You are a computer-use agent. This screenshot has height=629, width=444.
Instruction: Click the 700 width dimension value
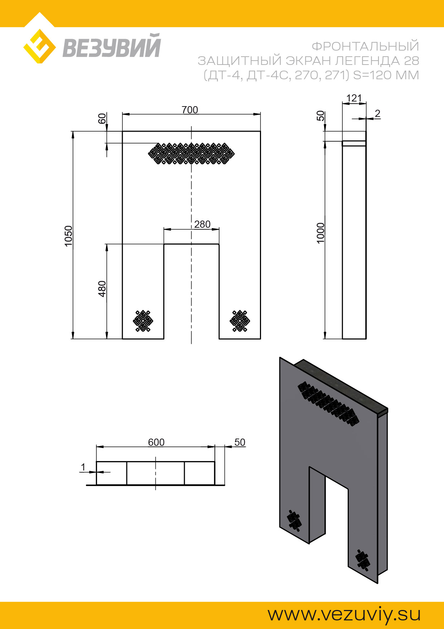(x=190, y=110)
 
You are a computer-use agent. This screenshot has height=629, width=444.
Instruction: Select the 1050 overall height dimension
(x=68, y=236)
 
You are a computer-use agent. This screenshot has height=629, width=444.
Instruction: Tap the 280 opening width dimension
(x=202, y=224)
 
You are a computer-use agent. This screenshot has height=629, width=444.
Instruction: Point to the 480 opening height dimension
(x=102, y=289)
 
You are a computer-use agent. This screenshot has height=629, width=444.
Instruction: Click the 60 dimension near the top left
(x=102, y=118)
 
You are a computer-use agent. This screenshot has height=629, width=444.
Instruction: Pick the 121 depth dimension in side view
(x=354, y=98)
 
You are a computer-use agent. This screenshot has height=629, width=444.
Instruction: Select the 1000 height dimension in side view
(x=320, y=233)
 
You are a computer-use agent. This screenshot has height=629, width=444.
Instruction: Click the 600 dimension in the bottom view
(x=156, y=442)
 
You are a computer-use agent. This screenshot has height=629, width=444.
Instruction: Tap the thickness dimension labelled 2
(x=377, y=114)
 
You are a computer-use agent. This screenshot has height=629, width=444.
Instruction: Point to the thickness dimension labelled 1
(x=83, y=467)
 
